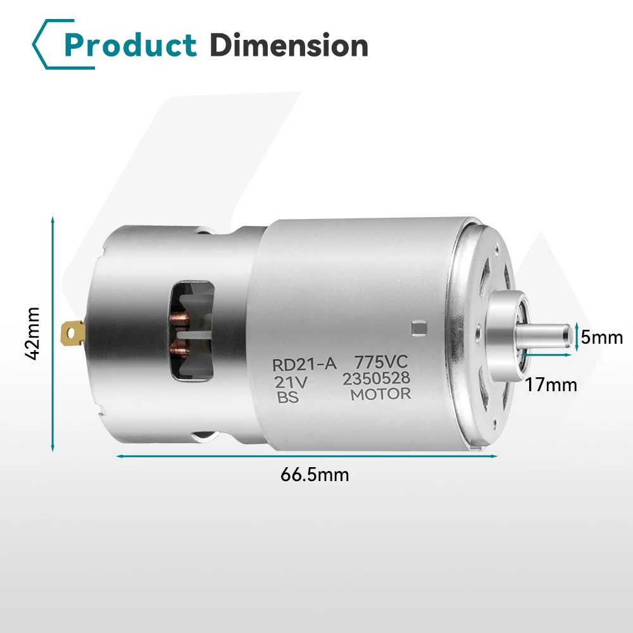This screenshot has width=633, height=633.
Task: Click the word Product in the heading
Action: pos(130,46)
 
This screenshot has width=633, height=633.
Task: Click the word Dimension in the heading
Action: pos(288,46)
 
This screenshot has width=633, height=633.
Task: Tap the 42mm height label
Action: pos(33,334)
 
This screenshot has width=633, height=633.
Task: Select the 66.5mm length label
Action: pos(315,475)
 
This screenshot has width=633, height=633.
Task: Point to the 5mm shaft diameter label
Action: pos(601,337)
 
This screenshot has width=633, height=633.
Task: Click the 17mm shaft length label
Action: pos(551,384)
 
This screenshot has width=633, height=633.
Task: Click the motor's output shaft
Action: pos(548,334)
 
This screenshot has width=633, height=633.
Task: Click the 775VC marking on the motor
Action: pos(379,363)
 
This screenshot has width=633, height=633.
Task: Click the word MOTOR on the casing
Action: pos(381,394)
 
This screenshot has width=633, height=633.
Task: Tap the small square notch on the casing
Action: pos(417,327)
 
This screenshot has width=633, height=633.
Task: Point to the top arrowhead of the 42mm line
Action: pos(53,219)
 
